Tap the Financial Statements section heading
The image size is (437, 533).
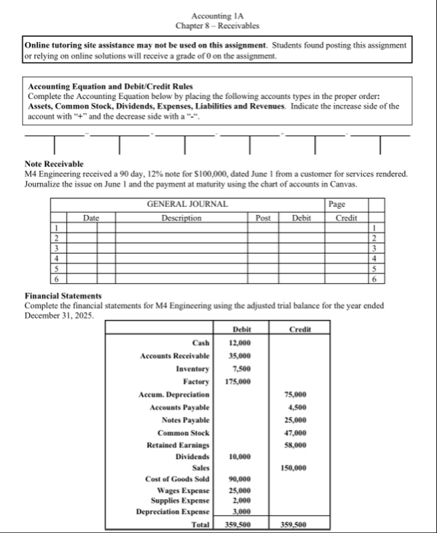point(63,296)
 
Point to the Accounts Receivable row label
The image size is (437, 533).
point(175,355)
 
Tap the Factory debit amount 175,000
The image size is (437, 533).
point(237,381)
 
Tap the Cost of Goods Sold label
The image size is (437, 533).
point(177,479)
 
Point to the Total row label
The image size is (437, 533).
point(200,524)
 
